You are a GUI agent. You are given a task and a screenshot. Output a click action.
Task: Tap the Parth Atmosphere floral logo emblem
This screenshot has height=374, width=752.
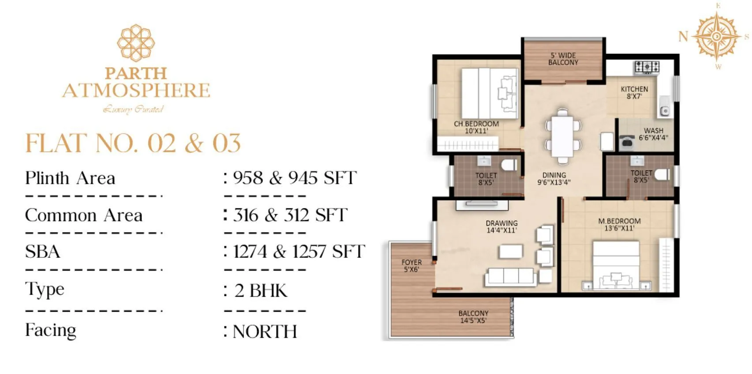coord(136,42)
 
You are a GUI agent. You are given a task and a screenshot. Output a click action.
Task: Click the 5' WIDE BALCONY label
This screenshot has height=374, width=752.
coord(563,59)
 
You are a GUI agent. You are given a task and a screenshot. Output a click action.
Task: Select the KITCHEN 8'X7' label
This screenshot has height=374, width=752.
coord(634,93)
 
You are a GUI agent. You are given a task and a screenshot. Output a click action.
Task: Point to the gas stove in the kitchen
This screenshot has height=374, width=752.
coord(647,67)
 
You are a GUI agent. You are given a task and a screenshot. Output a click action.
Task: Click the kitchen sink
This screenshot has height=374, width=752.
coord(664,111)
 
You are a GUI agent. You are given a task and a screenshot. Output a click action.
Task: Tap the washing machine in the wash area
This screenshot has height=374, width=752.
coord(627,142)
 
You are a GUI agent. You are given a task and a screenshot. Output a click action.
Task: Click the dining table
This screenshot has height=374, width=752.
coord(562,136)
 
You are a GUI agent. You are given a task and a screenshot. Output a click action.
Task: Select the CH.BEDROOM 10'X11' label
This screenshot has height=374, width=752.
coord(476,128)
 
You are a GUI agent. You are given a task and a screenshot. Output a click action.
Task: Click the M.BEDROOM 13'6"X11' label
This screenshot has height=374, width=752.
coord(619,225)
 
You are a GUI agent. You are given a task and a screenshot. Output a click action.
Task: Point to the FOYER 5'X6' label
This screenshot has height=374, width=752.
coord(412,266)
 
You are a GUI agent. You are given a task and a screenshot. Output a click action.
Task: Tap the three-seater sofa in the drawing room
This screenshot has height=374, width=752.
coord(511,277)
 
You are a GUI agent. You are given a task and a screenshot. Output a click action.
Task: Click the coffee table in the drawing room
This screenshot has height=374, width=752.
coord(511,252)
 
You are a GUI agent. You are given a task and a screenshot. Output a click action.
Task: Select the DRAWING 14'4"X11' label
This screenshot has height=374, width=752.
coord(501,227)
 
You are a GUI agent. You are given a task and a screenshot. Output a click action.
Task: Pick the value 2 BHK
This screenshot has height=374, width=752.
coord(261,291)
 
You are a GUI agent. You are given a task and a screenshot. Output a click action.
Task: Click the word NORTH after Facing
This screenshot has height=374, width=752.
coord(265,332)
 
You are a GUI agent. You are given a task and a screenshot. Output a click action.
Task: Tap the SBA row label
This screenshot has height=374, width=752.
coord(42,252)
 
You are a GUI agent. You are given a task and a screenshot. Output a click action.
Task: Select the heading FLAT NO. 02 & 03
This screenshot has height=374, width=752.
coord(133,143)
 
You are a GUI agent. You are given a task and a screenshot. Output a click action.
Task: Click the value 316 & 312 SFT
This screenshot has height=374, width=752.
coord(290,215)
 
